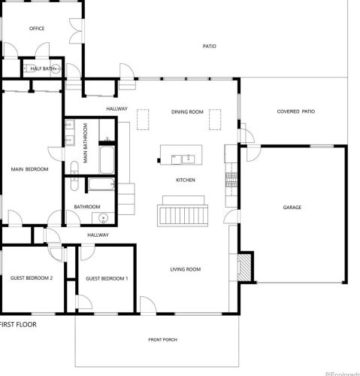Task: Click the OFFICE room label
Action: click(x=37, y=29)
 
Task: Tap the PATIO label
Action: click(x=210, y=46)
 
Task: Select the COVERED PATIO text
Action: click(x=296, y=111)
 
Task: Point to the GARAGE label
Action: click(x=292, y=208)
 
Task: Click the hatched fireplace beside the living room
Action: click(x=244, y=268)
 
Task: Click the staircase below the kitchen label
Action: click(x=183, y=216)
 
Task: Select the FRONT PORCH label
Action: click(x=163, y=340)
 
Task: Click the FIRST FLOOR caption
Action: click(x=18, y=324)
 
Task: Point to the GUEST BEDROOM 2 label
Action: click(x=32, y=278)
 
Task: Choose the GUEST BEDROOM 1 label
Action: click(x=107, y=278)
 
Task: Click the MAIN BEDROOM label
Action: click(x=29, y=169)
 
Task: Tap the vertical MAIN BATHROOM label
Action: click(x=86, y=143)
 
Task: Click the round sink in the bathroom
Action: click(x=103, y=218)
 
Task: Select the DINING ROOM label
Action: click(x=187, y=112)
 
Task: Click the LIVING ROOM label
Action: click(x=186, y=269)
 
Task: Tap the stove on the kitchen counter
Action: click(x=231, y=180)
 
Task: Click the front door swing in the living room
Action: click(x=148, y=305)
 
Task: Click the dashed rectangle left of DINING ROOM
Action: click(x=143, y=120)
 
